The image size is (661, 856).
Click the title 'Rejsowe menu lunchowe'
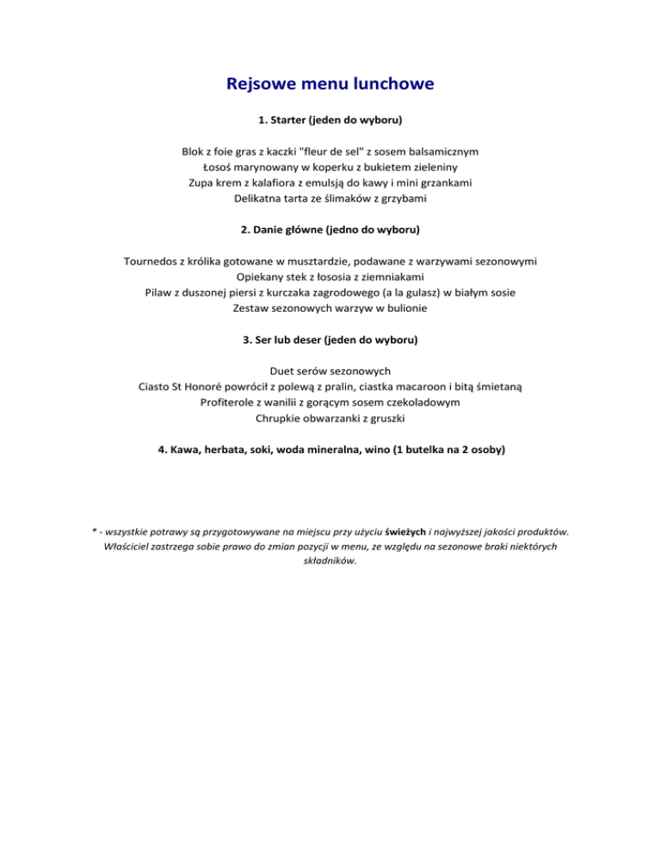[330, 84]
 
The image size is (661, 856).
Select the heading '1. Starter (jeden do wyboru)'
[330, 118]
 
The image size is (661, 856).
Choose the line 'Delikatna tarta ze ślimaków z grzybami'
[330, 199]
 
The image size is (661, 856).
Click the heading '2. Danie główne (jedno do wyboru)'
[330, 231]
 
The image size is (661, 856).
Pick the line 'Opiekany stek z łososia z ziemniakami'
[330, 276]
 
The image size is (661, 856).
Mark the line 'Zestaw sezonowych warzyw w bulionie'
[330, 307]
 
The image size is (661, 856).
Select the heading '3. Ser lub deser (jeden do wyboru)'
[330, 339]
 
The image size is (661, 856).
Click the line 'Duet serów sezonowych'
[330, 371]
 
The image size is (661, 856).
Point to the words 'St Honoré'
[202, 387]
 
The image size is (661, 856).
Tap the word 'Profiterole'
[230, 402]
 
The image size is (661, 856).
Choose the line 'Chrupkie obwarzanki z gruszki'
[330, 419]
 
